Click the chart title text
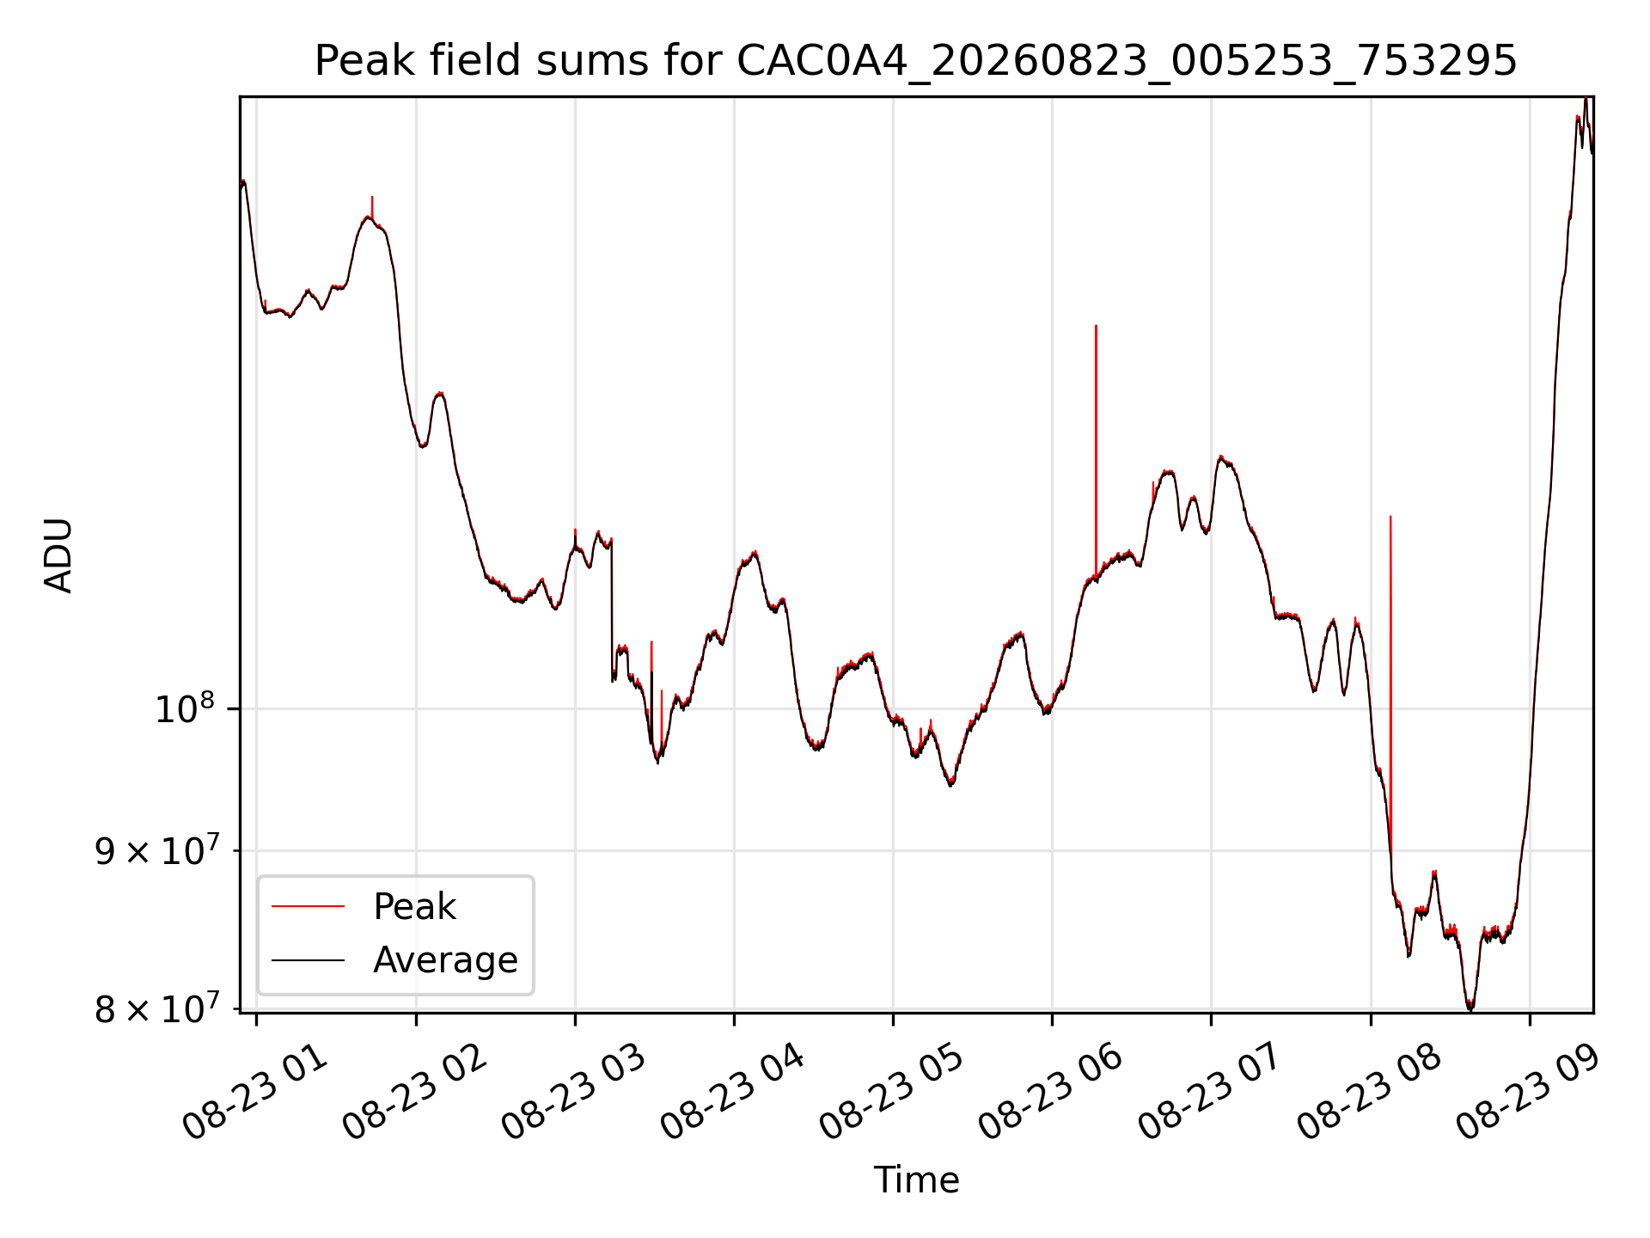916,61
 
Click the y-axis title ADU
58,555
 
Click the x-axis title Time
916,1180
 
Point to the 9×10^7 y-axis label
156,850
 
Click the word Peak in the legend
414,907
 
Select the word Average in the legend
445,960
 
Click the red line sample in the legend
308,907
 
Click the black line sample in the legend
308,960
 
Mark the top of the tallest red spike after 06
1096,326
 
